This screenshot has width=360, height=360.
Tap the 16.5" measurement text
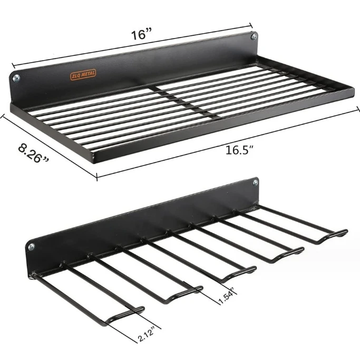click(237, 150)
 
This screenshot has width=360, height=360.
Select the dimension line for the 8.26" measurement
click(53, 142)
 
